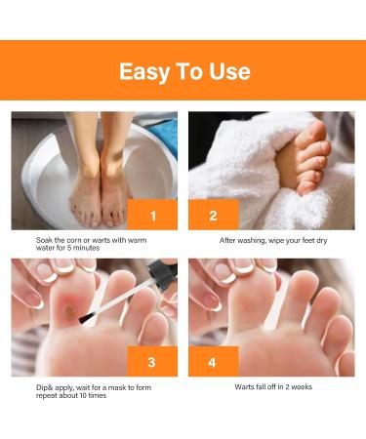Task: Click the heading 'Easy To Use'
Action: (x=183, y=70)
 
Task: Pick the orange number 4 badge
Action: (x=214, y=361)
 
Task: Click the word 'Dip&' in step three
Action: (x=34, y=386)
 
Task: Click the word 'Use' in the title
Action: (x=228, y=70)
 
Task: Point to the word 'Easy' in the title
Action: (x=146, y=70)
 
